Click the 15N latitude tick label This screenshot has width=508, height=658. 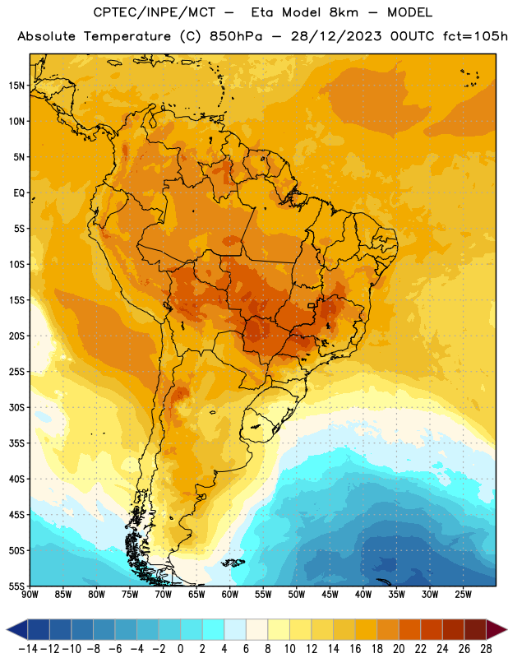click(x=16, y=86)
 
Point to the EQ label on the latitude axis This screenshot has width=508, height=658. click(x=19, y=193)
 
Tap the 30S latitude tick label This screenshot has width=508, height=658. click(x=16, y=407)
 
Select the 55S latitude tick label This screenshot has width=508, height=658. click(x=16, y=586)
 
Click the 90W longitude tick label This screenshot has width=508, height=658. click(x=30, y=595)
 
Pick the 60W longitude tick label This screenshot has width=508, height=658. click(x=230, y=595)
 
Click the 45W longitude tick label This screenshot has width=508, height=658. click(x=330, y=595)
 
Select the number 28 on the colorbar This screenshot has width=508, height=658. click(x=486, y=649)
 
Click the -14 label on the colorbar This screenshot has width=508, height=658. click(x=28, y=649)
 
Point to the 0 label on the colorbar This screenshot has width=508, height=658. click(x=180, y=649)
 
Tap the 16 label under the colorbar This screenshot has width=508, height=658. click(x=355, y=649)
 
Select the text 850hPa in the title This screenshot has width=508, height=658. click(x=236, y=36)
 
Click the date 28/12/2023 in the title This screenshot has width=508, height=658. click(x=336, y=36)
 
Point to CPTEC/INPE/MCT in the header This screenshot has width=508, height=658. click(x=154, y=12)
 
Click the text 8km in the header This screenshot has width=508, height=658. click(x=344, y=12)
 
